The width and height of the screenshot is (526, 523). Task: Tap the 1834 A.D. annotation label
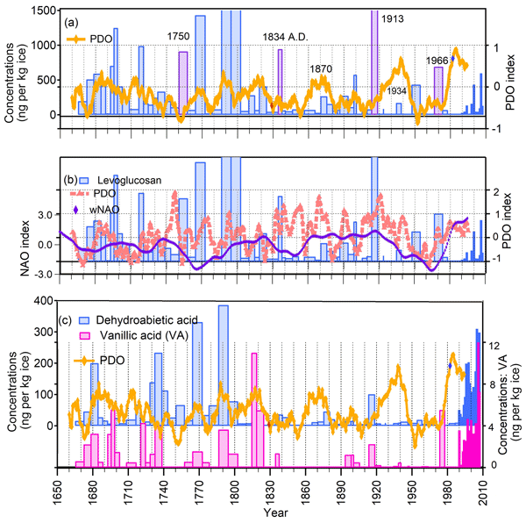pos(288,38)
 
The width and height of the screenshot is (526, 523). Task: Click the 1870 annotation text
pos(321,68)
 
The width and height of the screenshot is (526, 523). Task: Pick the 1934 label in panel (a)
pos(397,91)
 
